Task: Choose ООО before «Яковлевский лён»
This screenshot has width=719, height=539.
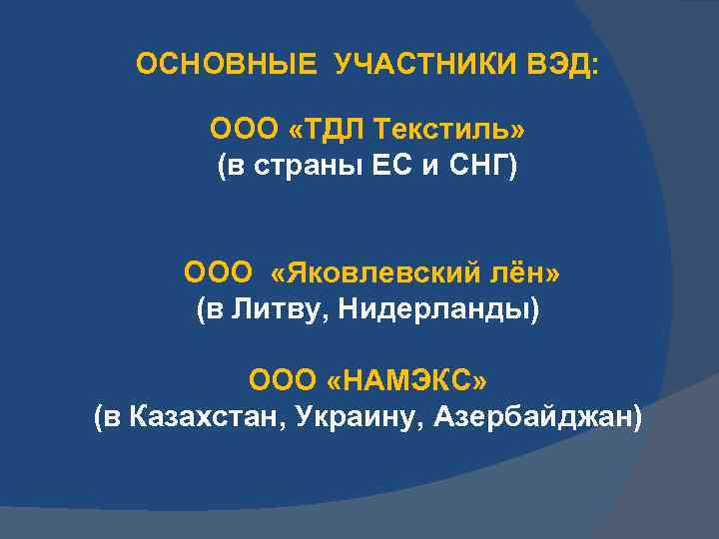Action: [x=218, y=272]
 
